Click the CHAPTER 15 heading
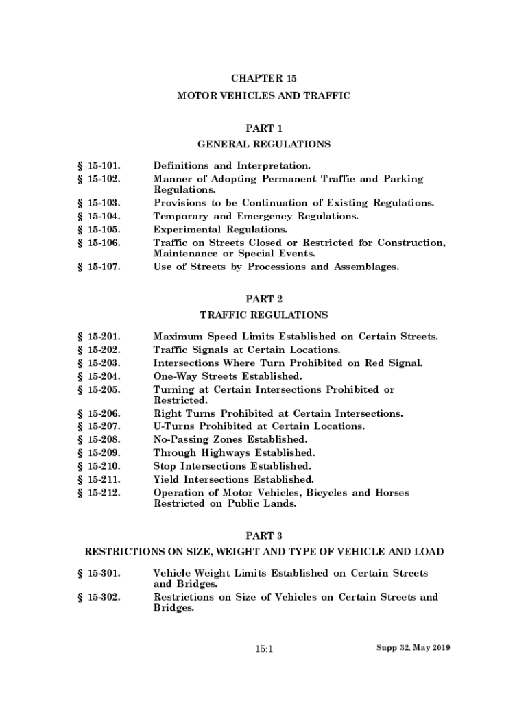tap(264, 79)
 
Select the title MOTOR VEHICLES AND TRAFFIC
tap(264, 96)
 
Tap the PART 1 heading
tap(264, 128)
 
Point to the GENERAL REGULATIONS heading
tap(264, 145)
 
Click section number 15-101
tap(99, 166)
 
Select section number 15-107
tap(99, 267)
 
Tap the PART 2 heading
tap(264, 299)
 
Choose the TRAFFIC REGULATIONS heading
tap(264, 315)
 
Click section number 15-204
tap(99, 376)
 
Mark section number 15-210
tap(99, 466)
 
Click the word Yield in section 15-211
tap(166, 479)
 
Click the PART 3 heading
tap(264, 535)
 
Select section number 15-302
tap(99, 597)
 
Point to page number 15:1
tap(264, 648)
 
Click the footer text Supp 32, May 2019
tap(412, 647)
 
